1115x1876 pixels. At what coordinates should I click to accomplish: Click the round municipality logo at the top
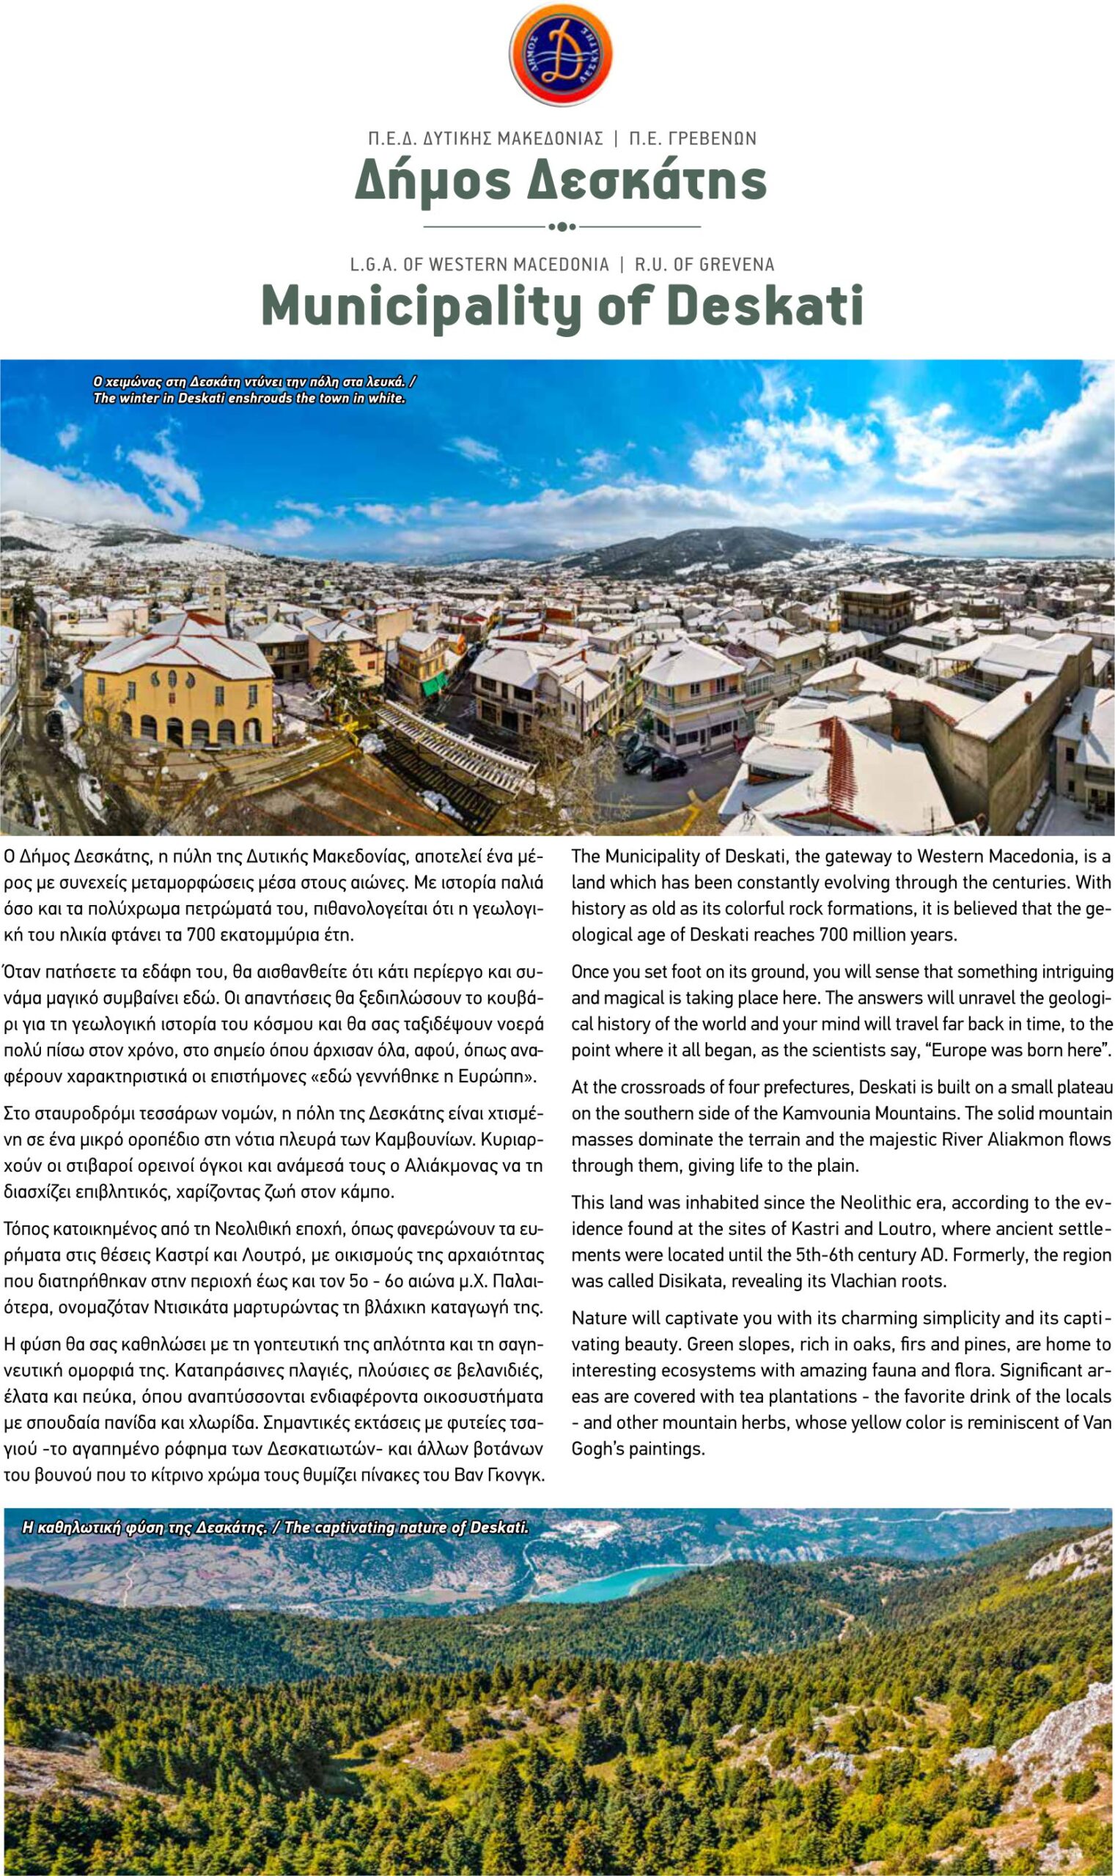[x=561, y=54]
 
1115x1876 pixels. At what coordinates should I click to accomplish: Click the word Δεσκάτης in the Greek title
[x=649, y=180]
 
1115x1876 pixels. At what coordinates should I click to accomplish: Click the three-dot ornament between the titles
[x=562, y=226]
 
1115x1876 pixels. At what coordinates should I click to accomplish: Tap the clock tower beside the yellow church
[x=216, y=594]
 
